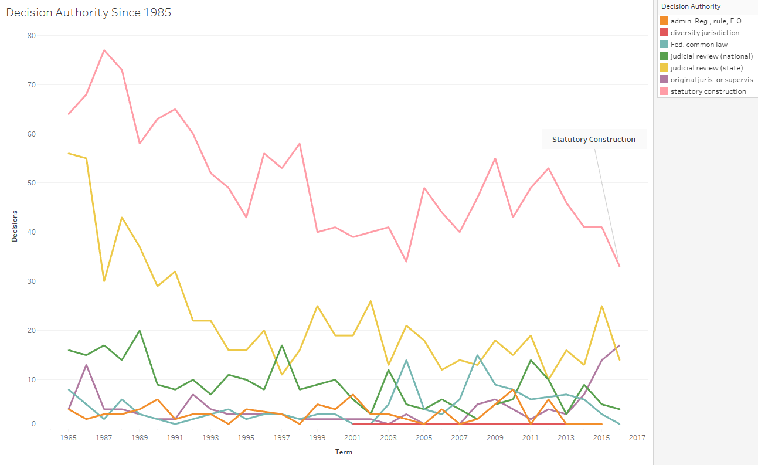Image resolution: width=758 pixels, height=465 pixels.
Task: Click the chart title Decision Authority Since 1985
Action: click(89, 12)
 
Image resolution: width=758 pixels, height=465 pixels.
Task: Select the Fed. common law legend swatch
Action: click(664, 45)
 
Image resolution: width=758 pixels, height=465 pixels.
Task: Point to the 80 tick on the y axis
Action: click(31, 35)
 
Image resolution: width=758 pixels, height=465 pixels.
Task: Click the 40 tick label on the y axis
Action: click(31, 232)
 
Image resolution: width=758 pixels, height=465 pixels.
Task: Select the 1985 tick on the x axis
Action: click(69, 438)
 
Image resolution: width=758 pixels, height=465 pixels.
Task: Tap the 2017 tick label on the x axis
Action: click(637, 438)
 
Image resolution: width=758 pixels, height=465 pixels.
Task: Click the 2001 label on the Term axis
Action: click(353, 438)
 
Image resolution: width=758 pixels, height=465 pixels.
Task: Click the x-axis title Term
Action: click(344, 452)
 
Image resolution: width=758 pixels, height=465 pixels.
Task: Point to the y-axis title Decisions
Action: click(14, 226)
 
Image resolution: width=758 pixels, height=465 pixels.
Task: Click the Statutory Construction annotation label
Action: click(593, 140)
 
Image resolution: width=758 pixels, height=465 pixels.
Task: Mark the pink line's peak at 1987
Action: click(104, 50)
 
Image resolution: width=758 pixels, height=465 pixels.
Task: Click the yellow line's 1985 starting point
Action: click(69, 153)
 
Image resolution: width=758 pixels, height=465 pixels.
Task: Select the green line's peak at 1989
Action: click(140, 331)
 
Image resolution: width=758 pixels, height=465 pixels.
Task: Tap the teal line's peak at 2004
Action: click(406, 360)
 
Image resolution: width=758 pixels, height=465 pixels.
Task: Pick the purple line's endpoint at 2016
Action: click(620, 345)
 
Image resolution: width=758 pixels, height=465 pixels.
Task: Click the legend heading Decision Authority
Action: click(691, 6)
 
